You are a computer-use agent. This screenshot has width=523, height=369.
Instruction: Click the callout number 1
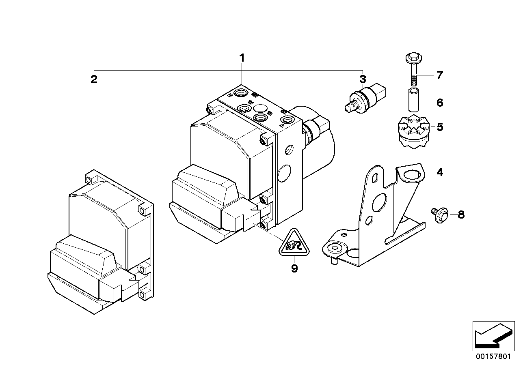(242, 58)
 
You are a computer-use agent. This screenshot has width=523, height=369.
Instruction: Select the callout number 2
(94, 79)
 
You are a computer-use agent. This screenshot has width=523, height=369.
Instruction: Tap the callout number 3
(362, 79)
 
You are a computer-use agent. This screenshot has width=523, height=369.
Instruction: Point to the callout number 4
(440, 172)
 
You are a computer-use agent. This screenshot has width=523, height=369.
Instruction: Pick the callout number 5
(440, 127)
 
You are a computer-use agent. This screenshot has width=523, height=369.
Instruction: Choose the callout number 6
(440, 103)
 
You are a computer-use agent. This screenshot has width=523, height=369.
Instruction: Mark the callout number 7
(440, 75)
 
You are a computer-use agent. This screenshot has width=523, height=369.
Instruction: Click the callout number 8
(460, 215)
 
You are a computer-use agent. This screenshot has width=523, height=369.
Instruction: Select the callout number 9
(294, 268)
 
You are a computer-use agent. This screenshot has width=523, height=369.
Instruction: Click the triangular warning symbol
(294, 245)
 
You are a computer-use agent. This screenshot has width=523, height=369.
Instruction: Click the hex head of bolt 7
(413, 58)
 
